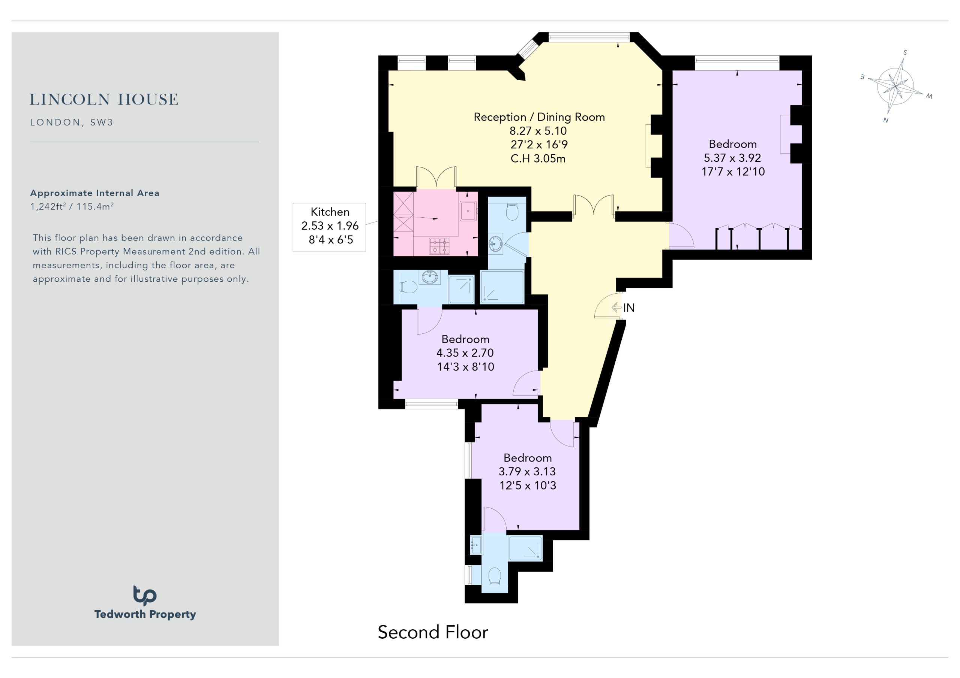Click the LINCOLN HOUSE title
[104, 99]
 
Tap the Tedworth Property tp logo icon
[145, 595]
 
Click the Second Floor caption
[433, 632]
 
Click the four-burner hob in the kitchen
[440, 246]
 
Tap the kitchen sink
[468, 211]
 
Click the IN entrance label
[629, 308]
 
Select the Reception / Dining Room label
[539, 117]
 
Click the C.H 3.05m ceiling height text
[538, 159]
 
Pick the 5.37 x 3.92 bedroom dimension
[732, 158]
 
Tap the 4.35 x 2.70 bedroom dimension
[465, 353]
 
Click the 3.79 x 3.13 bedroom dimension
[527, 472]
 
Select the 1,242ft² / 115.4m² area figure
[72, 206]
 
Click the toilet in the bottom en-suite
[495, 576]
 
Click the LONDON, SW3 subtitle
[72, 122]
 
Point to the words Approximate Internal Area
[94, 193]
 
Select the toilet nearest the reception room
[512, 211]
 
